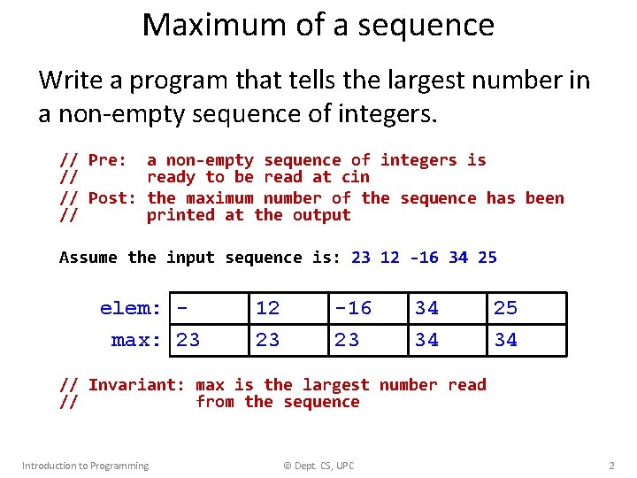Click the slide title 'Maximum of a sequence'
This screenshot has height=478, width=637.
(318, 25)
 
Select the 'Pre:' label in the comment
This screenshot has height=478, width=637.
(108, 160)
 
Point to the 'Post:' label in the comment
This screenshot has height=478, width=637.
(112, 198)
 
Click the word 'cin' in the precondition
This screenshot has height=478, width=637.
(355, 177)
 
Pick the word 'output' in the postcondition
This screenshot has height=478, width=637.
(322, 215)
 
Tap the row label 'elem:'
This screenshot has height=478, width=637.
(131, 308)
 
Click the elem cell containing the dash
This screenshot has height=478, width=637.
(209, 308)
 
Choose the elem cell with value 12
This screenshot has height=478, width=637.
(287, 308)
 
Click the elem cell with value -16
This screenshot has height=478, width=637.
(366, 308)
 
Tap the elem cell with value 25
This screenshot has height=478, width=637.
(526, 308)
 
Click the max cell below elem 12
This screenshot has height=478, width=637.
(287, 340)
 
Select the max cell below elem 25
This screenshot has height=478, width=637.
(526, 340)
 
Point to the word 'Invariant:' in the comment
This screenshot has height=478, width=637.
(136, 385)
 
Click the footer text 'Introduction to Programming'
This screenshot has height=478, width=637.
(85, 466)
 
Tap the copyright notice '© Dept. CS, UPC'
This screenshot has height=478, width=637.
(318, 466)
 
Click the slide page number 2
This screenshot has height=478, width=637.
(611, 466)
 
